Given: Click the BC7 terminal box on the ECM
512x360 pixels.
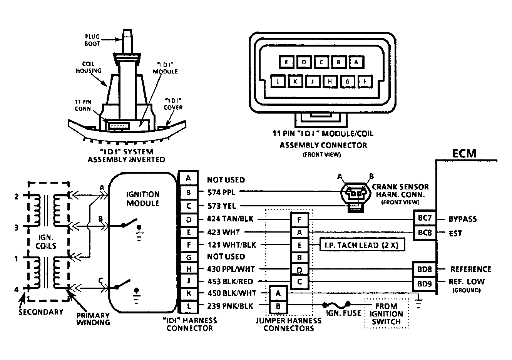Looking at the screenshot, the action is coord(425,218).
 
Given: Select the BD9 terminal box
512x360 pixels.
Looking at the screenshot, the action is coord(425,284).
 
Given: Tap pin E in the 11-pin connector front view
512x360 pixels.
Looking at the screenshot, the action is coord(286,62).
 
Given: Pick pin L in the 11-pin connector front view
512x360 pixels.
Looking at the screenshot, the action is coord(278,81).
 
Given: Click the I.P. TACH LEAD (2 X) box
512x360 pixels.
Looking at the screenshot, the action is coord(362,245).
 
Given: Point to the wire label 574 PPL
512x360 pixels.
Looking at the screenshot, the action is coord(221,193).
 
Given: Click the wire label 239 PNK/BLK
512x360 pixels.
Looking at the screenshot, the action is coord(230,306).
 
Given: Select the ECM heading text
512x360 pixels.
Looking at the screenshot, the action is coord(464,153).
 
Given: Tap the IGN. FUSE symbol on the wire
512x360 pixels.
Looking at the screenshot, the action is coord(336,305).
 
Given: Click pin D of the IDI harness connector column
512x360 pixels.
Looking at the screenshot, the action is coord(189,219).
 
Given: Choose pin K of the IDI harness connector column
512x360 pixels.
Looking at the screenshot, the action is coord(189,293).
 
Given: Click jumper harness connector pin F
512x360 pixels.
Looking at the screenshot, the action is coord(300,219).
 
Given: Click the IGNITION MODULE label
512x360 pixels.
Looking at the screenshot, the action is coord(143,199).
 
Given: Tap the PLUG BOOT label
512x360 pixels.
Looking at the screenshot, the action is coord(92,40).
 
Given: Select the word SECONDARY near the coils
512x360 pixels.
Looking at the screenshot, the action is coord(41,312).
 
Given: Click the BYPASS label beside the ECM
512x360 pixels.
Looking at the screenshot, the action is coord(463,219).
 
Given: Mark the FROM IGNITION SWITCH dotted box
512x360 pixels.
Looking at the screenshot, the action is coord(386,313).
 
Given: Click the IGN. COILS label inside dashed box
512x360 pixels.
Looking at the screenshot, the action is coord(46,241).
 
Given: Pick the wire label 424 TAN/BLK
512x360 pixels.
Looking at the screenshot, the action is coord(230,219).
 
